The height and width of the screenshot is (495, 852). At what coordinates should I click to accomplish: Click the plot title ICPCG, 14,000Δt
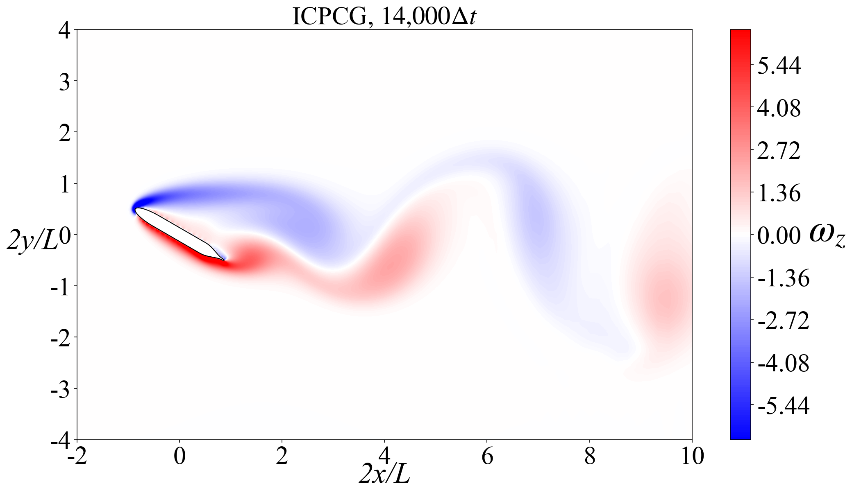[x=384, y=17]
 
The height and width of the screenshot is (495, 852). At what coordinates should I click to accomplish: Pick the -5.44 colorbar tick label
[x=783, y=406]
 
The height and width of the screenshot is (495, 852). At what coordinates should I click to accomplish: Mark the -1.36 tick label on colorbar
[x=783, y=278]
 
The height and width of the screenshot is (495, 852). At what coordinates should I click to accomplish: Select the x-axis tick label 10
[x=692, y=456]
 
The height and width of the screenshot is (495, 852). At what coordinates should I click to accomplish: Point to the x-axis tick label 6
[x=487, y=456]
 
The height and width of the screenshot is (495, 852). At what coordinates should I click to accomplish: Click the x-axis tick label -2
[x=77, y=456]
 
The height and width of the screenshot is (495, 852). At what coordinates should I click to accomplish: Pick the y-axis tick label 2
[x=64, y=132]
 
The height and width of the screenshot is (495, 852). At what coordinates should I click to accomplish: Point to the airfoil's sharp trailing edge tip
[x=225, y=260]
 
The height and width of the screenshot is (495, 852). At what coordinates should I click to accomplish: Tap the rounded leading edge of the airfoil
[x=136, y=210]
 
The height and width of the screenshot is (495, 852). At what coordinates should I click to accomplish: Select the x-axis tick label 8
[x=590, y=456]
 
